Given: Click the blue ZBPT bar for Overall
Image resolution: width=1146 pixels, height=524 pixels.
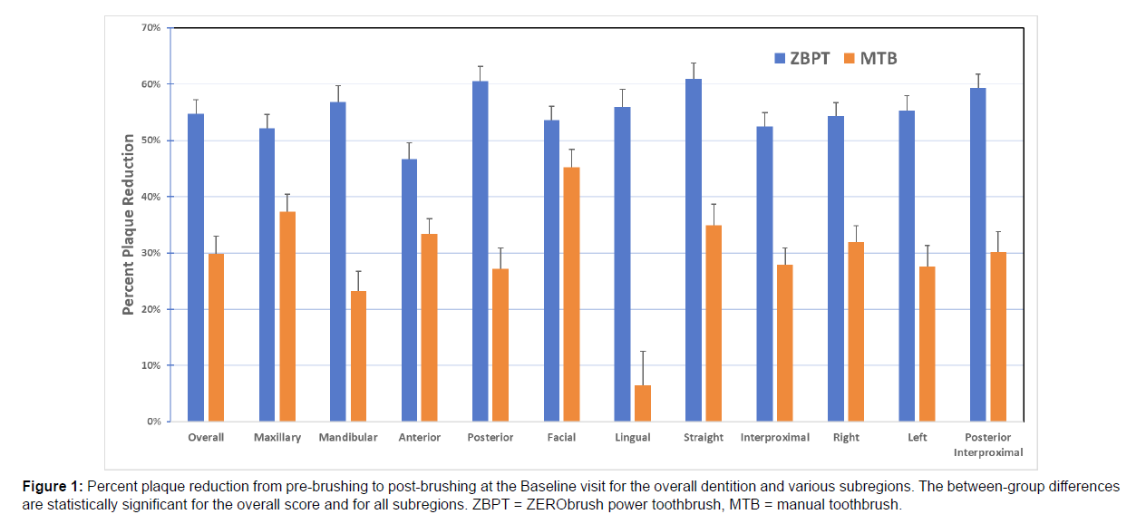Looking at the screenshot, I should click(196, 267).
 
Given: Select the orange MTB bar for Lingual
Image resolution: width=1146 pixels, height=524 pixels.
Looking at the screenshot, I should click(643, 403).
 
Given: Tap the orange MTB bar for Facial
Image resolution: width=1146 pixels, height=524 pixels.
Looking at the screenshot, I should click(571, 295).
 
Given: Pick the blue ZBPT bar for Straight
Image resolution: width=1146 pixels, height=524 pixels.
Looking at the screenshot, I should click(694, 250).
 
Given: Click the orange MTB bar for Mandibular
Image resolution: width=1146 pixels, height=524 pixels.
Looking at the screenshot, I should click(358, 356).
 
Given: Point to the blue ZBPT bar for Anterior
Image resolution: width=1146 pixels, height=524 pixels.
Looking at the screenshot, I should click(409, 290).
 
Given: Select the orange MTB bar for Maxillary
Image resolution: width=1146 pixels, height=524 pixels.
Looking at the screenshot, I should click(287, 316).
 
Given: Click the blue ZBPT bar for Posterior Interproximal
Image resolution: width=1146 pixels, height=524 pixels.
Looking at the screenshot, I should click(977, 255).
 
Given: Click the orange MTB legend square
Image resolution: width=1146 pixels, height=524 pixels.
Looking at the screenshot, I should click(850, 59).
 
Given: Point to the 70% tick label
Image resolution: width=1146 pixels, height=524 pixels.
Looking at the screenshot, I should click(151, 28).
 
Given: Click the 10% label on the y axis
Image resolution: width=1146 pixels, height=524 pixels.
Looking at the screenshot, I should click(151, 365).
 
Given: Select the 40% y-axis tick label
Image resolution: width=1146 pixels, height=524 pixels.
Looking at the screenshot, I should click(151, 197).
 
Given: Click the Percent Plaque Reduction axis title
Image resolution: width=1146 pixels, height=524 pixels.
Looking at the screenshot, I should click(129, 225).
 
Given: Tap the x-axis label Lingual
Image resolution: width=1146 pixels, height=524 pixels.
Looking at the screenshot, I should click(632, 437).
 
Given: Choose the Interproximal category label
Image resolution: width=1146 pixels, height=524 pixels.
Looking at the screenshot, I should click(775, 437).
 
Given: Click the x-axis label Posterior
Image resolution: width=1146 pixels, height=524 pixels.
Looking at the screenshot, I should click(490, 437).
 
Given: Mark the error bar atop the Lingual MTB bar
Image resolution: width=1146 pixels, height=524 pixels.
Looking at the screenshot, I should click(643, 367).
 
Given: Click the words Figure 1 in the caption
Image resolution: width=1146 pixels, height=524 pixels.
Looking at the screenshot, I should click(53, 487).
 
